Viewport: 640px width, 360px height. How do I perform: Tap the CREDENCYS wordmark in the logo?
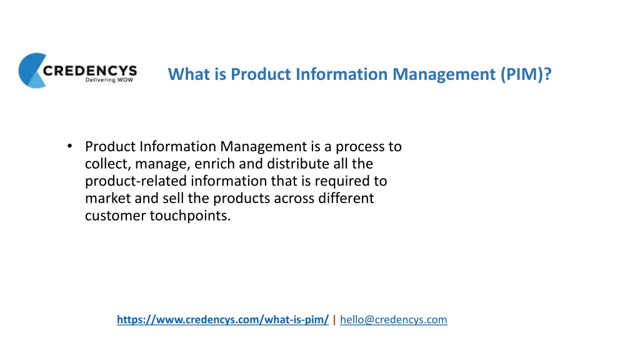click(x=90, y=71)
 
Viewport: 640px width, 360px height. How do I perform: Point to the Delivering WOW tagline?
click(x=109, y=80)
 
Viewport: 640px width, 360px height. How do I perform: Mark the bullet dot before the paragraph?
click(x=70, y=146)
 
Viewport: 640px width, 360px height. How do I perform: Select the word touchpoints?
click(x=190, y=216)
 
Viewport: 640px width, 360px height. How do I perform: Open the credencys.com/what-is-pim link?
click(x=223, y=319)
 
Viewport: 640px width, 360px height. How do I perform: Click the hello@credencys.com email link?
click(x=394, y=319)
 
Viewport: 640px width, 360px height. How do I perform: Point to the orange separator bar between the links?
click(x=334, y=319)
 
